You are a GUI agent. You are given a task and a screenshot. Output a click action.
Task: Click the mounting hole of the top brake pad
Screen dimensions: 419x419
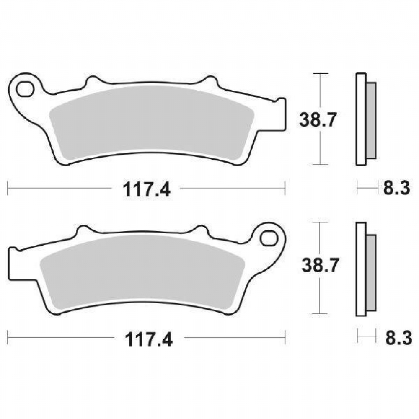point(25,89)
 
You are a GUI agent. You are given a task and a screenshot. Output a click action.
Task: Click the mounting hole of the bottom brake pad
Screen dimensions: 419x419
point(269,238)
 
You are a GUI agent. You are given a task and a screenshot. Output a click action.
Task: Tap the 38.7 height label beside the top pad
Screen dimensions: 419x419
point(318,120)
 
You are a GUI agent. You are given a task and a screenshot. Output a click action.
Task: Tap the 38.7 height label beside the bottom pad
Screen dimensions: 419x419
point(320,265)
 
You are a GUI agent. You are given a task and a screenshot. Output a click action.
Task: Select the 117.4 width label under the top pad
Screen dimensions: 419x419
point(146,189)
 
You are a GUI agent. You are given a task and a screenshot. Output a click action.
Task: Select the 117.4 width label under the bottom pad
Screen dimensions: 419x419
point(149,339)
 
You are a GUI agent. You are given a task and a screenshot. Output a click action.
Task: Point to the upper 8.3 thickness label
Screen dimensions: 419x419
point(396,188)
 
